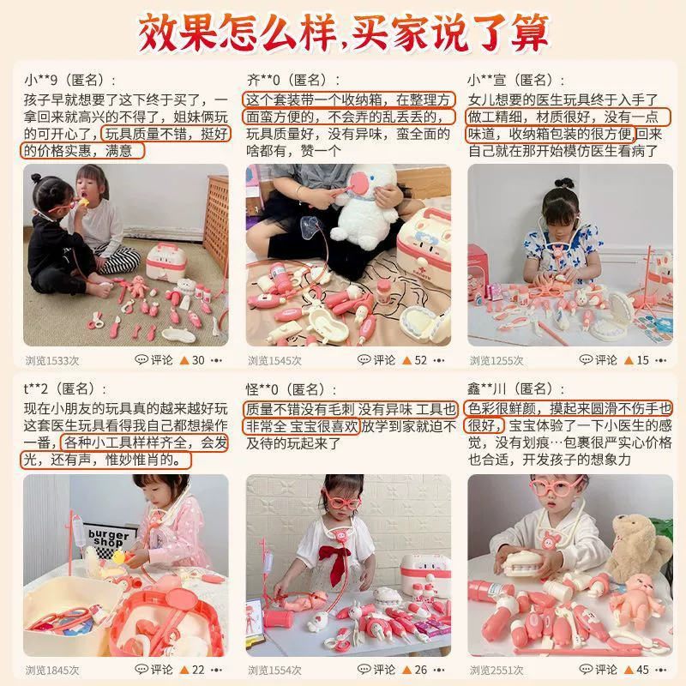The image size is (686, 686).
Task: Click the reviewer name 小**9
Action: tap(41, 81)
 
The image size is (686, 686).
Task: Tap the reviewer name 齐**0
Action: tap(263, 81)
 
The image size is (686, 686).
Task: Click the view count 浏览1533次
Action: tap(52, 360)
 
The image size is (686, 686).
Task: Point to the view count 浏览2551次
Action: tap(496, 670)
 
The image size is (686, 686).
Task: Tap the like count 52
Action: tap(420, 360)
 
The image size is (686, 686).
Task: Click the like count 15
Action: tap(642, 360)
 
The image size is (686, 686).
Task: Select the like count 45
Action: tap(642, 670)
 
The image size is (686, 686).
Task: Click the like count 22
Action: tap(198, 670)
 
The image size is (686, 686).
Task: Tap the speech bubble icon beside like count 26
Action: tap(364, 669)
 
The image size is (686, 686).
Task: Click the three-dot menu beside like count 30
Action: tap(217, 360)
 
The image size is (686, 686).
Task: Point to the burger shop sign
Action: tap(109, 539)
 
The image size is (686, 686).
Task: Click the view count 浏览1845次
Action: tap(52, 670)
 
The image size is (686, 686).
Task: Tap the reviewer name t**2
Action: tap(37, 388)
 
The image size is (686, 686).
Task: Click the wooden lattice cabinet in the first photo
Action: tap(217, 219)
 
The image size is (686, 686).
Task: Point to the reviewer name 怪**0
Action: tap(262, 388)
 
